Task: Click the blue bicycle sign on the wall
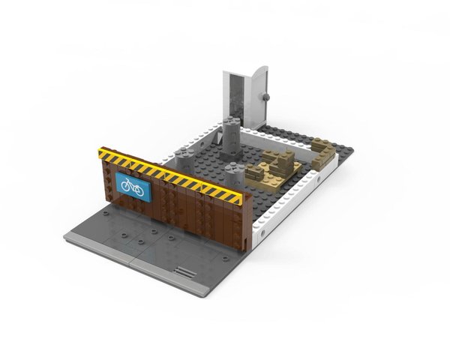132,185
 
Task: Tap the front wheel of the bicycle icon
139,187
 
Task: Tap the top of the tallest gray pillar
229,121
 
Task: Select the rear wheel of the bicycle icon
124,184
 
